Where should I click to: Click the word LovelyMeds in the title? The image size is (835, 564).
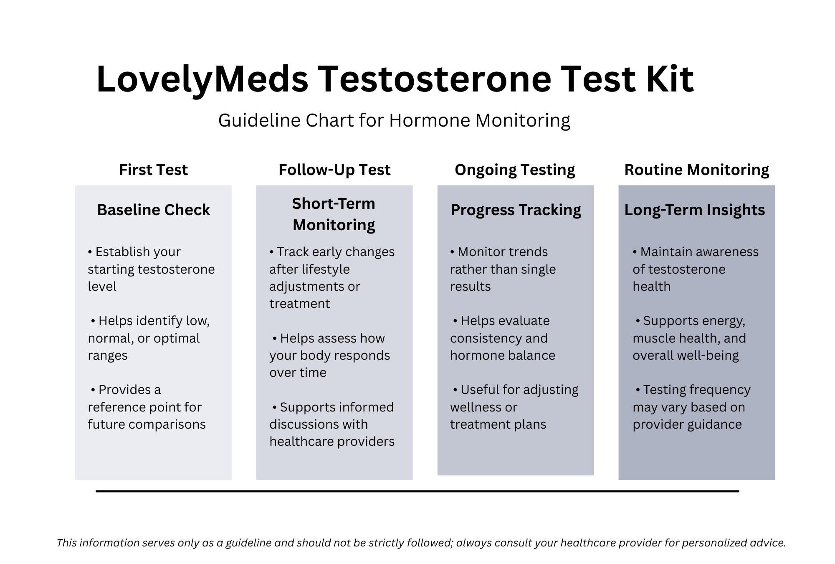pyautogui.click(x=202, y=79)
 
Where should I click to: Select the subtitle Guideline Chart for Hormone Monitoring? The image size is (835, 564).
pyautogui.click(x=394, y=120)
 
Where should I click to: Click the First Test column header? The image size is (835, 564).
pyautogui.click(x=153, y=170)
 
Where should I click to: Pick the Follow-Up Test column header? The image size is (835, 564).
pyautogui.click(x=334, y=170)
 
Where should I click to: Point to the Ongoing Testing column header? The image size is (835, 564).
pyautogui.click(x=515, y=170)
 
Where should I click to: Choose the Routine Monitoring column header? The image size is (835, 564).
pyautogui.click(x=696, y=170)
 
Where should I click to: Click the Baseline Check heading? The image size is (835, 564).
pyautogui.click(x=153, y=210)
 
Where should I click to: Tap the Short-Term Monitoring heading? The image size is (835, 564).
pyautogui.click(x=334, y=214)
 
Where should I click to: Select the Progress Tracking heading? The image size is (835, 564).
pyautogui.click(x=516, y=210)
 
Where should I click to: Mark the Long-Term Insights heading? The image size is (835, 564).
pyautogui.click(x=694, y=210)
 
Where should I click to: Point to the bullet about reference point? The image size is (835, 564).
pyautogui.click(x=146, y=407)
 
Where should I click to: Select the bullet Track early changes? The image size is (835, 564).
pyautogui.click(x=332, y=277)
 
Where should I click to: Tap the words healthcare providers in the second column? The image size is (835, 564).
pyautogui.click(x=332, y=442)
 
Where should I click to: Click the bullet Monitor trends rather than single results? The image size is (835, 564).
pyautogui.click(x=503, y=269)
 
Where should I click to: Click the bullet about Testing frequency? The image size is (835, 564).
pyautogui.click(x=691, y=407)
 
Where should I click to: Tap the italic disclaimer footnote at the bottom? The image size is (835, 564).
pyautogui.click(x=421, y=543)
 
